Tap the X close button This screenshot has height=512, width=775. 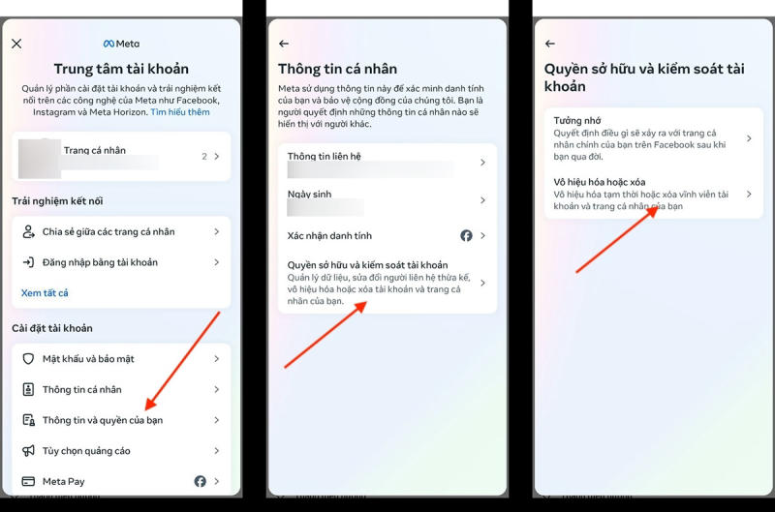(x=16, y=44)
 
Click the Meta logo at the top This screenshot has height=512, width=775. (x=122, y=44)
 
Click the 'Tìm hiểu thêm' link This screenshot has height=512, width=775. (x=180, y=112)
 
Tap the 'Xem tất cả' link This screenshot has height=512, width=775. (x=45, y=293)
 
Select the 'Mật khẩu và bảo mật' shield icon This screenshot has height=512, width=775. (x=29, y=358)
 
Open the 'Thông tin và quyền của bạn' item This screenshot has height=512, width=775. (x=103, y=420)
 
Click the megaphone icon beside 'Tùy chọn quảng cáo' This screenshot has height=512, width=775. (x=29, y=450)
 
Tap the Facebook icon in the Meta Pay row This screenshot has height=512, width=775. (x=200, y=481)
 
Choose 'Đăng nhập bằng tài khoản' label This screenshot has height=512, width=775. (x=100, y=262)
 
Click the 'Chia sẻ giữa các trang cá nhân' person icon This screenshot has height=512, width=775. (x=29, y=231)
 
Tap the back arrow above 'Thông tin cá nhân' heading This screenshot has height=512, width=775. (x=284, y=44)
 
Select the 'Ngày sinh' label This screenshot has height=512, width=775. (x=309, y=194)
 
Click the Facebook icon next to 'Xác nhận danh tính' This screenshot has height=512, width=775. (x=466, y=235)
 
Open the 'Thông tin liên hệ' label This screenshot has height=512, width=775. (x=325, y=156)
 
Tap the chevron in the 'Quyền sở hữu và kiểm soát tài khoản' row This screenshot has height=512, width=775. (x=482, y=283)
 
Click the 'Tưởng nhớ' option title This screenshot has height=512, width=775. (x=577, y=120)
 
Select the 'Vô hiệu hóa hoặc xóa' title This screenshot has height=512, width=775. (x=600, y=182)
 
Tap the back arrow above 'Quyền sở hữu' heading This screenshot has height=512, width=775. (x=550, y=44)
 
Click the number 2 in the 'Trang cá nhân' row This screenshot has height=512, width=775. (x=204, y=156)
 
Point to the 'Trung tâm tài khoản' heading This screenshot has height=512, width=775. (x=122, y=69)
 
